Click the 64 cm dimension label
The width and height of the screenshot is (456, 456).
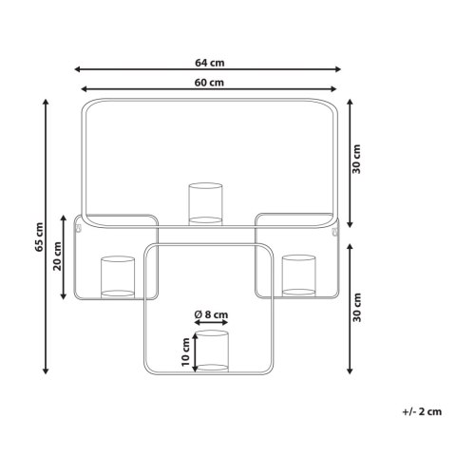210,63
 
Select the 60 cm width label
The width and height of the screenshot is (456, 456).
209,83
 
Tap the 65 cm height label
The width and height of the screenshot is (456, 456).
39,237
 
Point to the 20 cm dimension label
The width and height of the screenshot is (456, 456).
58,256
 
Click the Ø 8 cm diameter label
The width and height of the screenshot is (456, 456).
211,314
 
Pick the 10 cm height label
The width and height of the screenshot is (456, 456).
185,351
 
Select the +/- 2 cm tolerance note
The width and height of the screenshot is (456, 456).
422,412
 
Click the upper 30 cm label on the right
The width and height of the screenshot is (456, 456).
357,159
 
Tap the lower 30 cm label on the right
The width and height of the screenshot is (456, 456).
357,308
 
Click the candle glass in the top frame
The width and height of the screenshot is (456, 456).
205,204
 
